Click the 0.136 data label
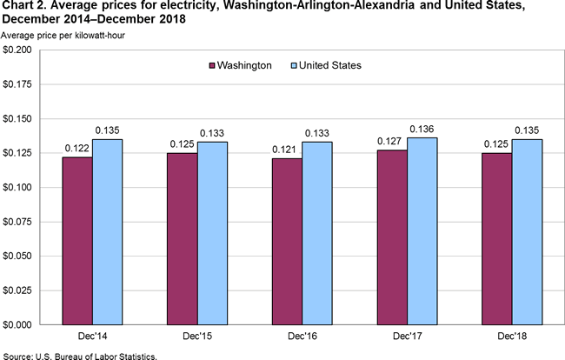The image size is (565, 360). [x=422, y=130]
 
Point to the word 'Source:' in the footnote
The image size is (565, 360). [x=19, y=355]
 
